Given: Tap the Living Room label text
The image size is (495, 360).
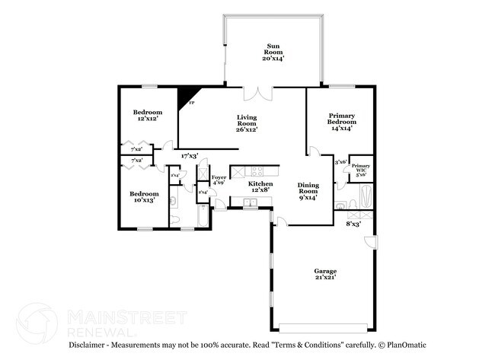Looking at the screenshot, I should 247,123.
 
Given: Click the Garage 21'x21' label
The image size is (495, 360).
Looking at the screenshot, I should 325,274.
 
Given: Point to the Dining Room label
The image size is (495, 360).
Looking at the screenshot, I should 308,190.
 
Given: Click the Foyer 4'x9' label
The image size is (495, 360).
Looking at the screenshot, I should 219,180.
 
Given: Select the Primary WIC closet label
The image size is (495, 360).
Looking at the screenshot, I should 360,170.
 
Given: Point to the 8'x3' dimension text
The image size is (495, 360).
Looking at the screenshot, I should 354,224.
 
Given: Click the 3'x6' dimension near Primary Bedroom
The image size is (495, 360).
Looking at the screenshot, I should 341,161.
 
